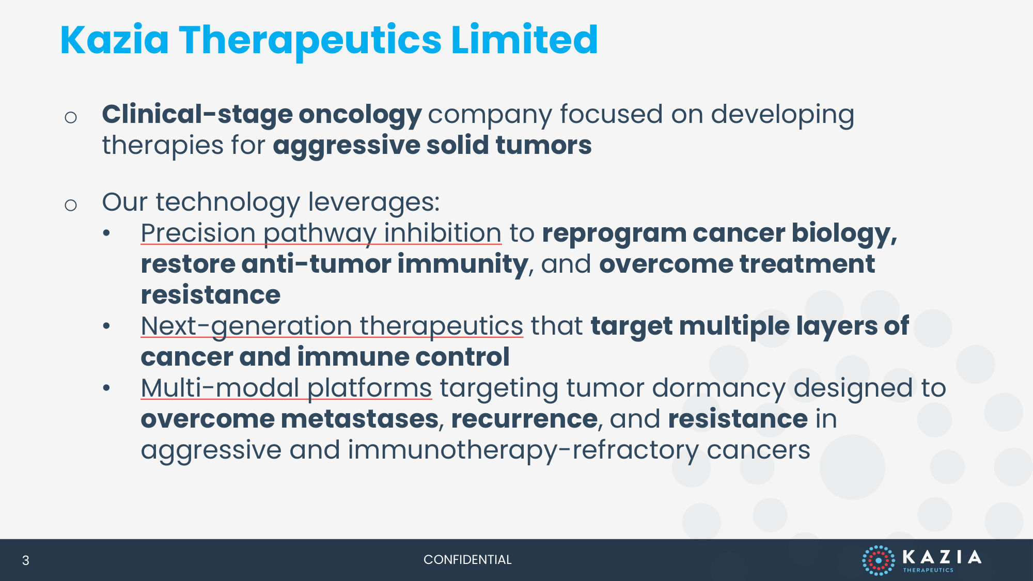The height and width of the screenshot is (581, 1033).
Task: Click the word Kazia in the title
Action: [x=115, y=40]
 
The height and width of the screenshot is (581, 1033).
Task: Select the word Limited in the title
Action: [x=525, y=40]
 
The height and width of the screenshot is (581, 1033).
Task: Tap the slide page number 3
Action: [x=25, y=560]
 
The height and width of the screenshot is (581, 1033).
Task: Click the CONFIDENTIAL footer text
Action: [x=467, y=560]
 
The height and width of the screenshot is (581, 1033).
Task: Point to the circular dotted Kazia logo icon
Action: [x=879, y=560]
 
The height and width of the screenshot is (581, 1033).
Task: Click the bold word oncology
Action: [x=360, y=115]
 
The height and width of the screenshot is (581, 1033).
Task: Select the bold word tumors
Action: [x=544, y=145]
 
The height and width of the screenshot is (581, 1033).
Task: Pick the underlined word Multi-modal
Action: [x=221, y=388]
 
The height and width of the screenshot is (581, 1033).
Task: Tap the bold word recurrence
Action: [x=524, y=419]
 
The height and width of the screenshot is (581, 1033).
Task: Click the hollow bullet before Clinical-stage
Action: [x=71, y=118]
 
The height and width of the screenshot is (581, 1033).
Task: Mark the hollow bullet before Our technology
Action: [x=71, y=206]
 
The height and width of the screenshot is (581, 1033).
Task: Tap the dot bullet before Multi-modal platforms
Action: [x=106, y=388]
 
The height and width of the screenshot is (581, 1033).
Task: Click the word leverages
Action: [x=374, y=202]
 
